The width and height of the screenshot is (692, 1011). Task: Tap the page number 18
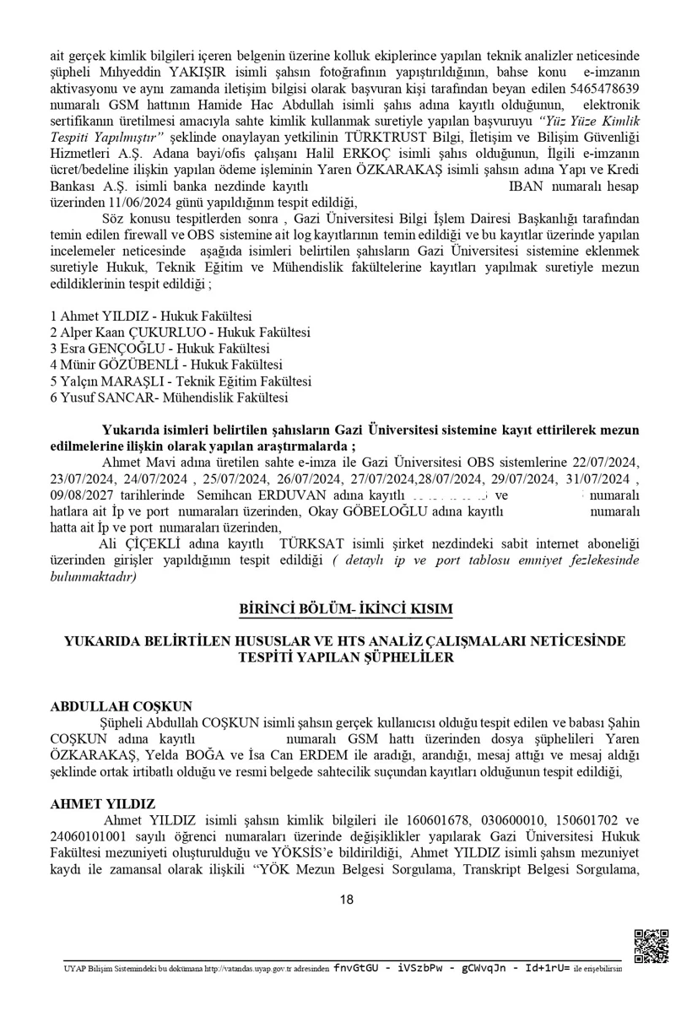pos(346,900)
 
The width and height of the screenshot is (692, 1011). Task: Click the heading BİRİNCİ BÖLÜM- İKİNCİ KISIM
pos(346,608)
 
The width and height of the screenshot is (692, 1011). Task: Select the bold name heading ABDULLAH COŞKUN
pos(121,706)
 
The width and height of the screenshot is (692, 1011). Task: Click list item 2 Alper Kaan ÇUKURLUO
pos(180,332)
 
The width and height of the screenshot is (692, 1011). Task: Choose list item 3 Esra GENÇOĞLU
pos(159,349)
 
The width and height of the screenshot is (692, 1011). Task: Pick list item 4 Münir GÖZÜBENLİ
pos(165,365)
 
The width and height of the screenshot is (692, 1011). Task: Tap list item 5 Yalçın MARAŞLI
pos(181,381)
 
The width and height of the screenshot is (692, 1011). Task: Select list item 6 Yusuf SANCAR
pos(169,397)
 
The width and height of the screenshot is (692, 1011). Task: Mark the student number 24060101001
pos(89,836)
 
